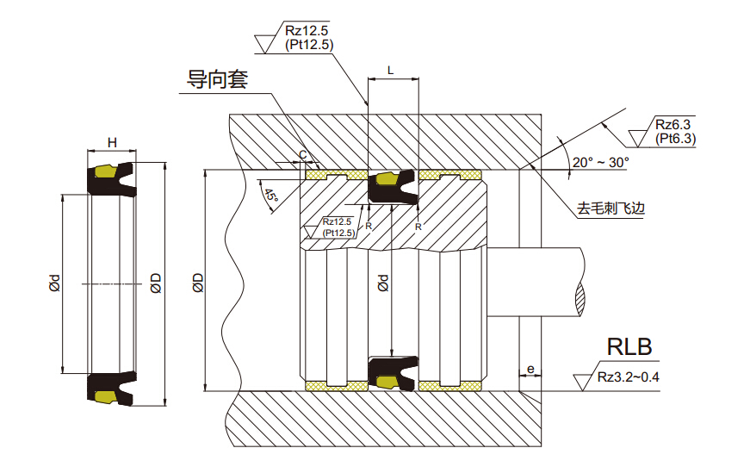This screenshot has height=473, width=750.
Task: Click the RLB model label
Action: pos(629,347)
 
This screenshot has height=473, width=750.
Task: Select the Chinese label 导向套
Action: pos(218,79)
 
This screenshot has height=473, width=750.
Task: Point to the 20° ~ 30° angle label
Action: pos(601,161)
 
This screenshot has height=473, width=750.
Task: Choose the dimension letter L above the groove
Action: pos(391,70)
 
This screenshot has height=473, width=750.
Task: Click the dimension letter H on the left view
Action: pos(111,142)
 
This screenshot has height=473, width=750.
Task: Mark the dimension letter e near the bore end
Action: pos(530,370)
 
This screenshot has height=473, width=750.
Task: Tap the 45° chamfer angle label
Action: pos(271,196)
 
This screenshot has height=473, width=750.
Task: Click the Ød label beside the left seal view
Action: pos(53,283)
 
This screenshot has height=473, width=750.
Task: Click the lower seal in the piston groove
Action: pos(392,371)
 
